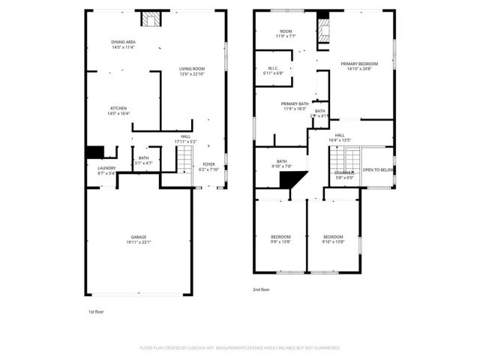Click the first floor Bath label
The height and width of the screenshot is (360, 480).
click(143, 160)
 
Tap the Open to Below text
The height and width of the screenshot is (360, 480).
click(378, 170)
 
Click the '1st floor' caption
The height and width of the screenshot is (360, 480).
click(95, 310)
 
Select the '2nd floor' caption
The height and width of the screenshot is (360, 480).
click(261, 289)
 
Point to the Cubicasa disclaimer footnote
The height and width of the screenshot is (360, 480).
click(240, 348)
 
